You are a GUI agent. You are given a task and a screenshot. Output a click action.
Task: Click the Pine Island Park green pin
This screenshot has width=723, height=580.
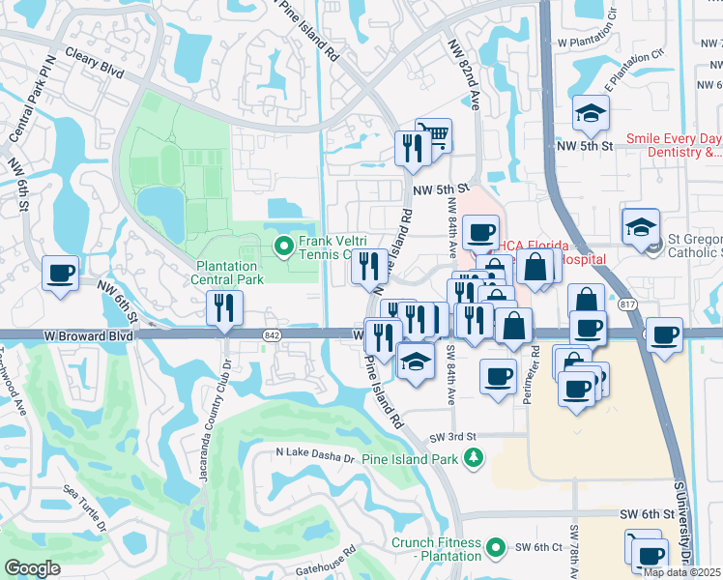(x=472, y=460)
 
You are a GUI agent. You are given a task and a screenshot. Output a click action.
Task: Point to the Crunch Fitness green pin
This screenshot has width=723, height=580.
(x=497, y=549)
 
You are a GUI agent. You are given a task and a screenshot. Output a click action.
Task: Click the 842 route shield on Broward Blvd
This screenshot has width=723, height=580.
(x=272, y=333)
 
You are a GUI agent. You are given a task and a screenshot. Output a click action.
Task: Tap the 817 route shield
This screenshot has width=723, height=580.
(x=629, y=305)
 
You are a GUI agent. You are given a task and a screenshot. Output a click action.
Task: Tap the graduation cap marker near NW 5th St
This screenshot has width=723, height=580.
(x=591, y=112)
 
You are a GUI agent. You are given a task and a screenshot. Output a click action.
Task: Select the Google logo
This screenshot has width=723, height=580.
(x=32, y=568)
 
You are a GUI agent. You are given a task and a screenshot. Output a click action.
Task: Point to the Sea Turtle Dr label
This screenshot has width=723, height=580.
(x=85, y=508)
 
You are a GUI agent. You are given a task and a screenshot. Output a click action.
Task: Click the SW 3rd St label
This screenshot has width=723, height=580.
(x=455, y=437)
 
